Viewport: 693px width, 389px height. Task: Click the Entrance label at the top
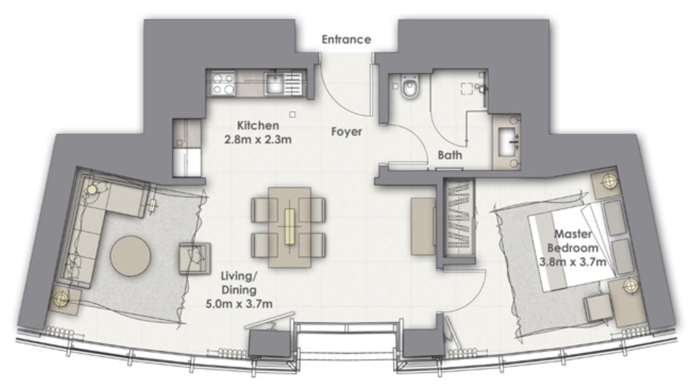346,40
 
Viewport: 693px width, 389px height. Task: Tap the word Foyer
346,132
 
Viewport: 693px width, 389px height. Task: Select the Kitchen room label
258,126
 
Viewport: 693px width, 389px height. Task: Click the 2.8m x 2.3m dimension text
258,139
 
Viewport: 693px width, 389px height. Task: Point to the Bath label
450,155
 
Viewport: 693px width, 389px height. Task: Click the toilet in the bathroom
410,88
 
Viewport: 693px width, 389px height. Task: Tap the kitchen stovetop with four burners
223,84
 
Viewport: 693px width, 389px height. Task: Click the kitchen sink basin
273,84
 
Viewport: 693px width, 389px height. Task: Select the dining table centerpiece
290,227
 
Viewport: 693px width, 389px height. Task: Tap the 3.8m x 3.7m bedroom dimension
573,262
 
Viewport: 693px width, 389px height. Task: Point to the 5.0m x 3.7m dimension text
239,304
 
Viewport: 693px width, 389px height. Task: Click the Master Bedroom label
573,241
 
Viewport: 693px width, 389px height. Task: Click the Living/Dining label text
239,283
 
